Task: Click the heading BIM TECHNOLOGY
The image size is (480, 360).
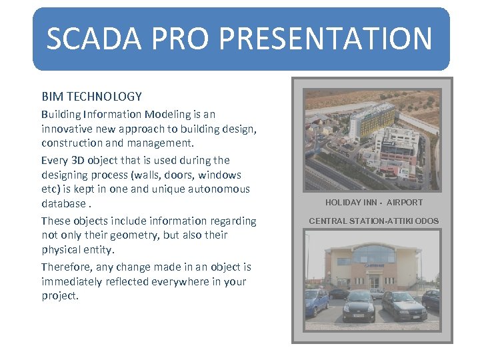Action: pyautogui.click(x=91, y=97)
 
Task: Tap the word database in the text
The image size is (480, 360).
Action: pyautogui.click(x=63, y=203)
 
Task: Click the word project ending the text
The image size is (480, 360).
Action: pyautogui.click(x=59, y=295)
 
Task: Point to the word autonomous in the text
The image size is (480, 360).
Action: pyautogui.click(x=218, y=189)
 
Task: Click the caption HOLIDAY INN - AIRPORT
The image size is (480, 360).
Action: pyautogui.click(x=373, y=203)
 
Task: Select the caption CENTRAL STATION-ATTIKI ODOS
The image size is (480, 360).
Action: pyautogui.click(x=373, y=221)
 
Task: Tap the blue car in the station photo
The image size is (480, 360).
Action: pyautogui.click(x=316, y=301)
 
